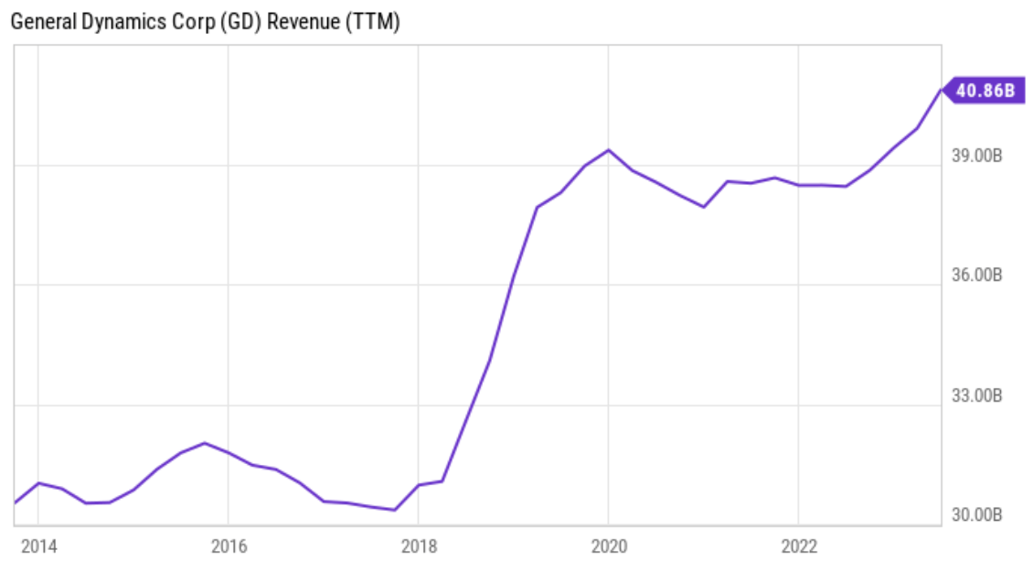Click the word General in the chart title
coord(39,23)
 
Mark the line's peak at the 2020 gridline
coord(609,150)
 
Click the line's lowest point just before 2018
coord(394,510)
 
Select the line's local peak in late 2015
coord(205,443)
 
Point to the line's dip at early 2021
coord(704,207)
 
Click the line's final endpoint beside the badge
coord(941,91)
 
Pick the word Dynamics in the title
coord(117,23)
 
